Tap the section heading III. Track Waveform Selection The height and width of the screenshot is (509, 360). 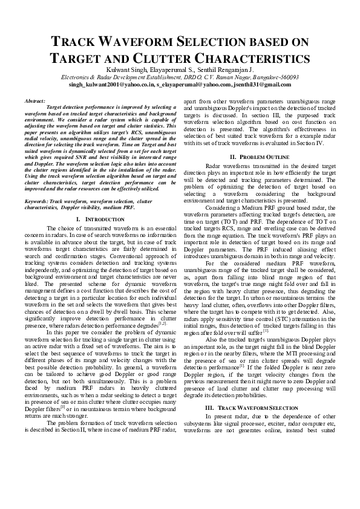253,408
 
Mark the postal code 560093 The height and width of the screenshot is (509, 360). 286,78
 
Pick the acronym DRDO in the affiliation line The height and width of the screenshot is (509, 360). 200,78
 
